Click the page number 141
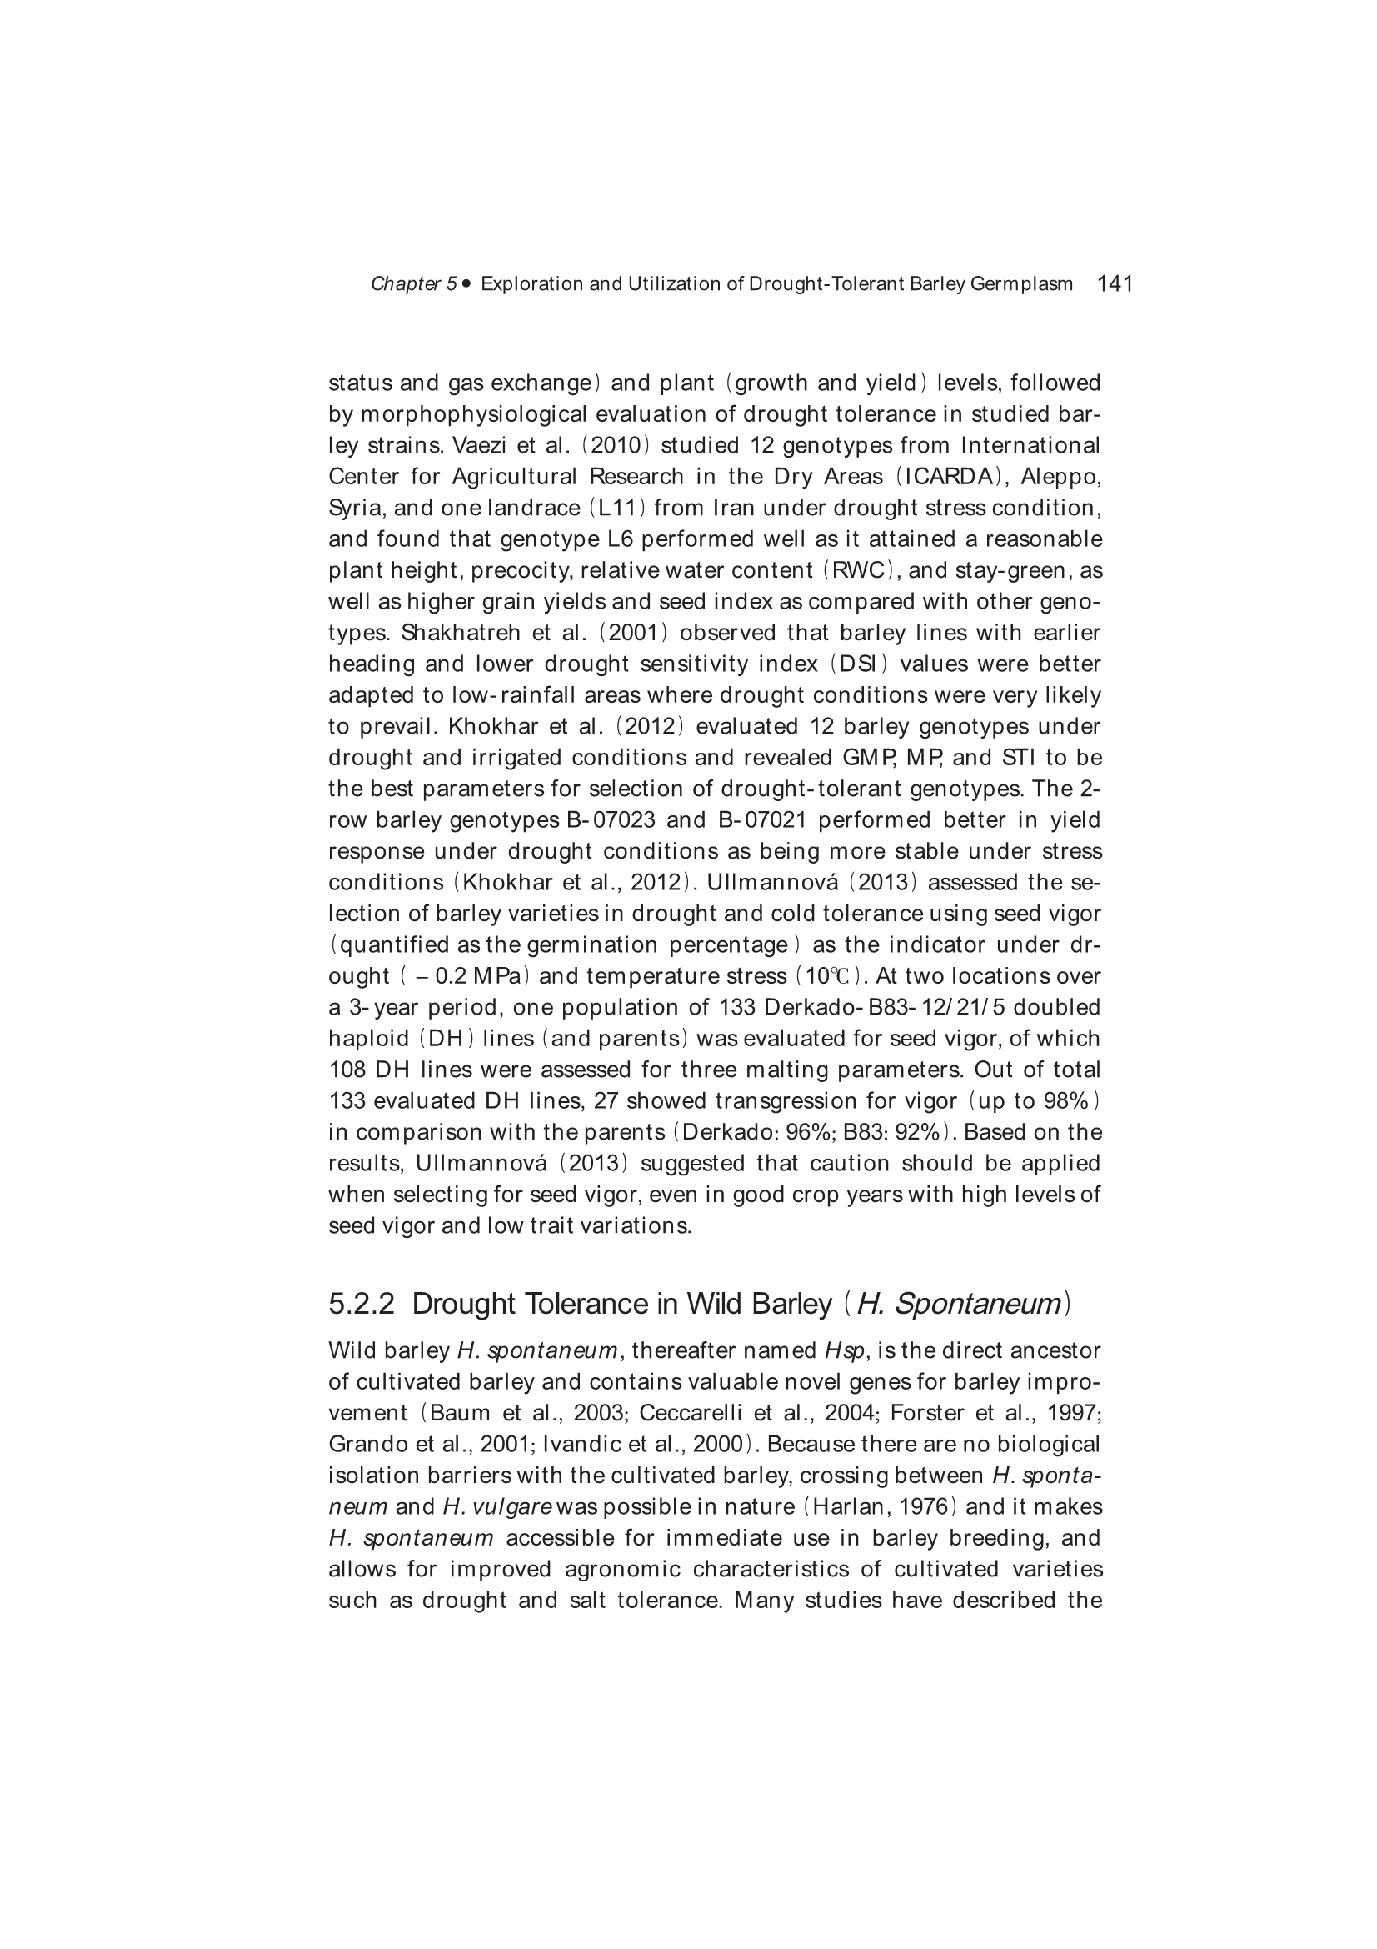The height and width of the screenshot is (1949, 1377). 1115,283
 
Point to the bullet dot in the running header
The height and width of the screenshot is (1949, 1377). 466,283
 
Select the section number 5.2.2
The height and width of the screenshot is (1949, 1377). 362,1303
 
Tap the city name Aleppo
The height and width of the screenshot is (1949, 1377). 1060,477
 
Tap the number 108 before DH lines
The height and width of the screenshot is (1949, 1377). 347,1070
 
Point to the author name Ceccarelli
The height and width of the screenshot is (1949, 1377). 691,1413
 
